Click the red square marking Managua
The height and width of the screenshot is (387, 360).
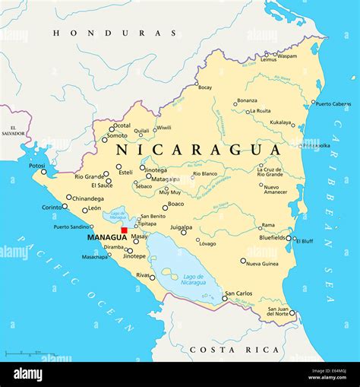pos(125,230)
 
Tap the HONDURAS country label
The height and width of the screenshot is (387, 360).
pos(115,33)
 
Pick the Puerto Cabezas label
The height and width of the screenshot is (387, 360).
pos(333,103)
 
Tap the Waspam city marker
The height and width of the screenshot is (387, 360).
pos(275,55)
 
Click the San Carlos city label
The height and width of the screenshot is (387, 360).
pos(238,293)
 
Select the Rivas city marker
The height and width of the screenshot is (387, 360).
pos(153,278)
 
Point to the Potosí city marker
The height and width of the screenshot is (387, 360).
pos(43,172)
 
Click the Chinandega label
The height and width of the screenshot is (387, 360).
pos(88,198)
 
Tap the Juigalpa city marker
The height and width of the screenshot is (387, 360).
pos(183,233)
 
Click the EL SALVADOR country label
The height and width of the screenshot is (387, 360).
pos(13,132)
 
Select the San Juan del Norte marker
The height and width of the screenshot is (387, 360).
pos(292,312)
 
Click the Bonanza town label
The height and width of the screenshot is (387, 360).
pos(247,100)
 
